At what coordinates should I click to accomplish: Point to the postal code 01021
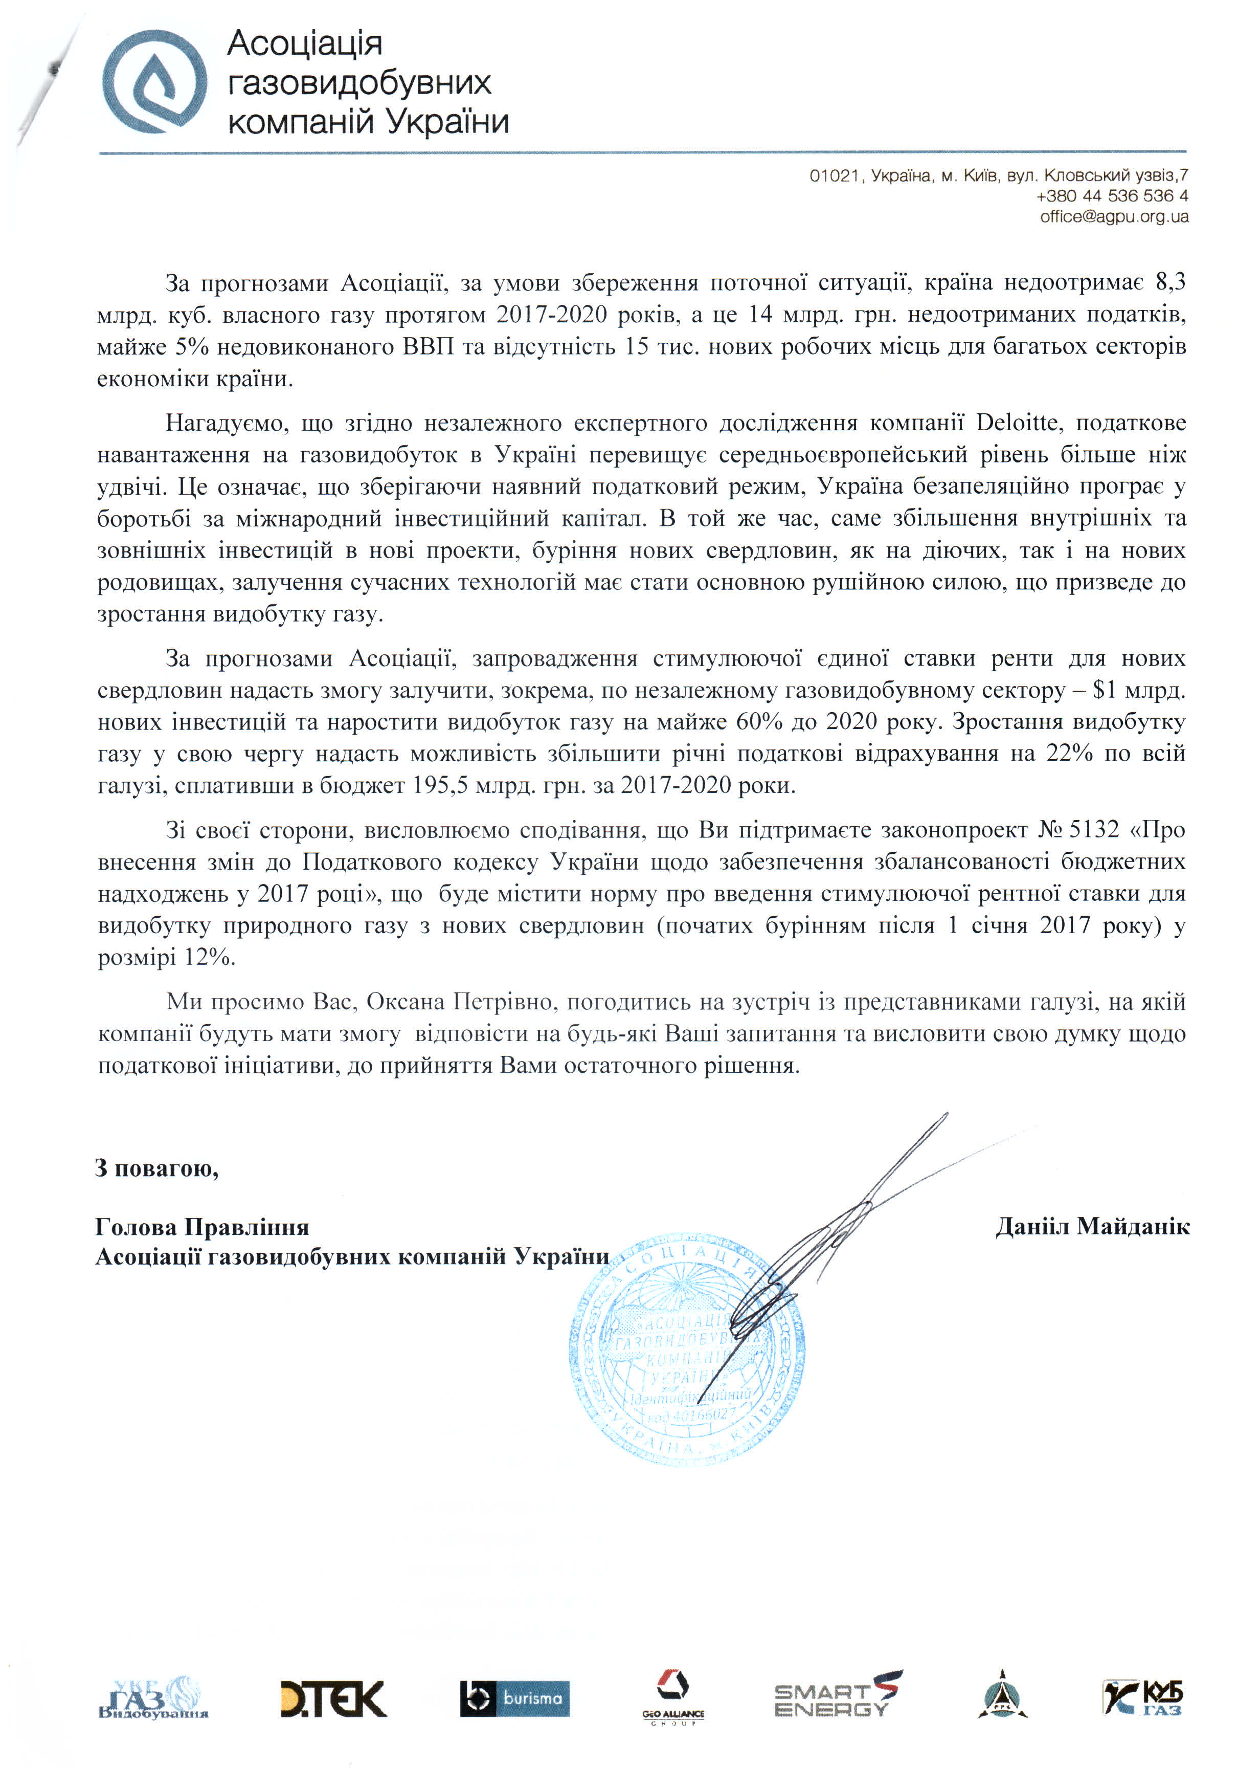(834, 176)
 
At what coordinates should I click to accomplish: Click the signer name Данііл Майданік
(1092, 1226)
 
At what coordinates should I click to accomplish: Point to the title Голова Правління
(201, 1227)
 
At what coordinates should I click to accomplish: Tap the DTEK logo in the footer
(333, 1699)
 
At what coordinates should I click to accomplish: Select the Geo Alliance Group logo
(672, 1697)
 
